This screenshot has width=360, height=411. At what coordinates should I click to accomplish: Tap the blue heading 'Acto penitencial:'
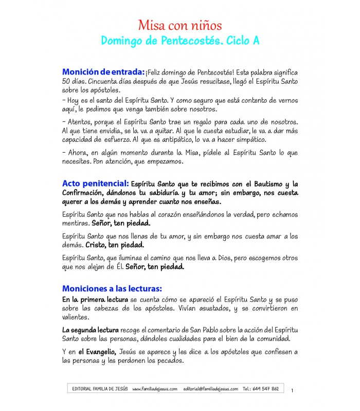pyautogui.click(x=95, y=183)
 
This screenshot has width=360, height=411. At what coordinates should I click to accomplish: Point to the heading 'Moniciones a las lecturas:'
pyautogui.click(x=112, y=288)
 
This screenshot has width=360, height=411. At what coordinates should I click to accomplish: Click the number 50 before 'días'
pyautogui.click(x=66, y=82)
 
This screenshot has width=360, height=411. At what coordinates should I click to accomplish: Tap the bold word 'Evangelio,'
pyautogui.click(x=97, y=352)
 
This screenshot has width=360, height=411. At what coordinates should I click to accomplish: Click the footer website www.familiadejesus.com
pyautogui.click(x=155, y=389)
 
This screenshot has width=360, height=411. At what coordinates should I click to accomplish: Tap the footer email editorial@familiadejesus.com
pyautogui.click(x=210, y=389)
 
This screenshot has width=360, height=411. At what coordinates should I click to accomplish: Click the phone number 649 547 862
pyautogui.click(x=268, y=389)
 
